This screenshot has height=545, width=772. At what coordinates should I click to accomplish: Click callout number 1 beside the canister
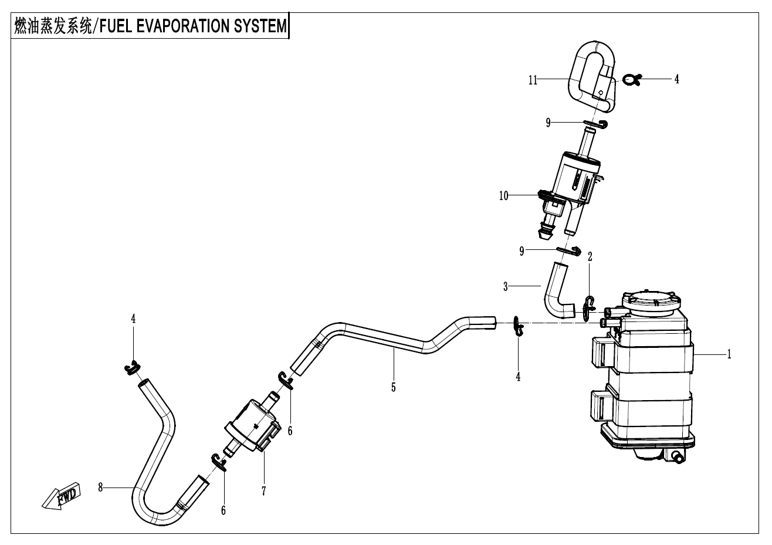coord(729,354)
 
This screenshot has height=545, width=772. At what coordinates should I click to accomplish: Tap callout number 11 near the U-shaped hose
coord(533,80)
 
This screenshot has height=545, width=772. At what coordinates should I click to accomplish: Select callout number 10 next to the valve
coord(504,196)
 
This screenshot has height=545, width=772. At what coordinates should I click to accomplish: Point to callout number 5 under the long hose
coord(393,387)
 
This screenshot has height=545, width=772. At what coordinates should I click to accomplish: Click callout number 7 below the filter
coord(264,491)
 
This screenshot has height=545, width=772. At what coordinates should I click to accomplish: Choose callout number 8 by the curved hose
coord(101,487)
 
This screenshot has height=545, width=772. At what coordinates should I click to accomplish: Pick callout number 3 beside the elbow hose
coord(505,286)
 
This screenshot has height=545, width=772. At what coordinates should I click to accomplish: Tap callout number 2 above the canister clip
coord(590,256)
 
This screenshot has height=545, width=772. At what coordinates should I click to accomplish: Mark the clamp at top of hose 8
coord(132,368)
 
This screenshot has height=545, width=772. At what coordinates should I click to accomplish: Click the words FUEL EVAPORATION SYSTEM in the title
coord(194,26)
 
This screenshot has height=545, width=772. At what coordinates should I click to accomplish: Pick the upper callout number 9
coord(548,123)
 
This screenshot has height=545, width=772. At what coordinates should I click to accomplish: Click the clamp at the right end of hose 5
coord(518,326)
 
